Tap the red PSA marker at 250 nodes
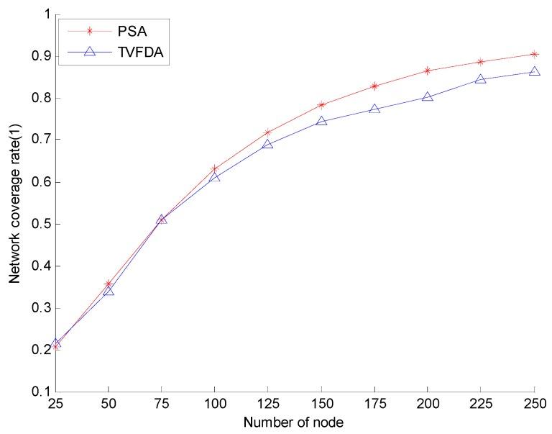tap(535, 54)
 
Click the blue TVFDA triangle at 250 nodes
tap(535, 71)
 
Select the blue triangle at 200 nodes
tap(428, 96)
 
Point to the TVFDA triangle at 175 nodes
tap(374, 109)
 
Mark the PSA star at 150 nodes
tap(321, 105)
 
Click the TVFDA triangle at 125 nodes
tap(268, 144)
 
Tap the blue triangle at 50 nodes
tap(109, 290)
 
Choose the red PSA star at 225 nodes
tap(481, 62)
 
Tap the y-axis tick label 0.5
tap(40, 224)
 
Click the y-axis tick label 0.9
tap(40, 56)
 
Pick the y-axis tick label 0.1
tap(40, 392)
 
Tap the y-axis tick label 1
tap(45, 14)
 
